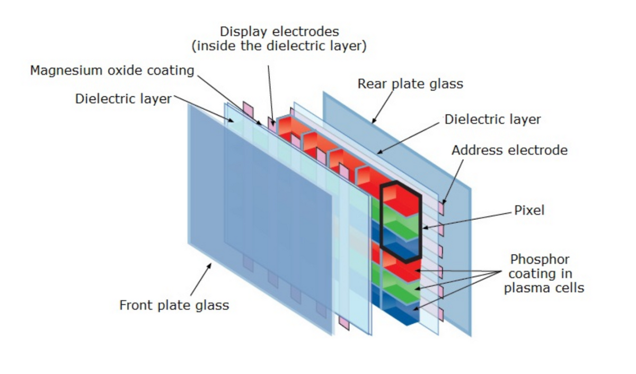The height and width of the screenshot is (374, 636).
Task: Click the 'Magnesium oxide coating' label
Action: tap(112, 70)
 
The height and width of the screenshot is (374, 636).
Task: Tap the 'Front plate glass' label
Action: tap(174, 305)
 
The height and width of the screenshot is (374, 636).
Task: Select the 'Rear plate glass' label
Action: tap(410, 84)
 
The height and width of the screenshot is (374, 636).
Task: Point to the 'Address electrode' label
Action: tap(509, 150)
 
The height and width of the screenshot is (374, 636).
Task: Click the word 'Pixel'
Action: tap(529, 210)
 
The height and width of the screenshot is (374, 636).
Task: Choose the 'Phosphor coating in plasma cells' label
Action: tap(543, 274)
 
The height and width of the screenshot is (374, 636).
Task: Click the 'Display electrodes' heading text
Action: tap(279, 31)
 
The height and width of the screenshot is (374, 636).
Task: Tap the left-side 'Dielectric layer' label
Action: tap(123, 99)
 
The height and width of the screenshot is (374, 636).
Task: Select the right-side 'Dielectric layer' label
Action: tap(492, 119)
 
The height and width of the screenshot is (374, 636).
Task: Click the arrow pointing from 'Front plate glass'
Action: tap(200, 281)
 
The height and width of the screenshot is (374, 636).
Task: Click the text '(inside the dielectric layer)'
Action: tap(279, 47)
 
